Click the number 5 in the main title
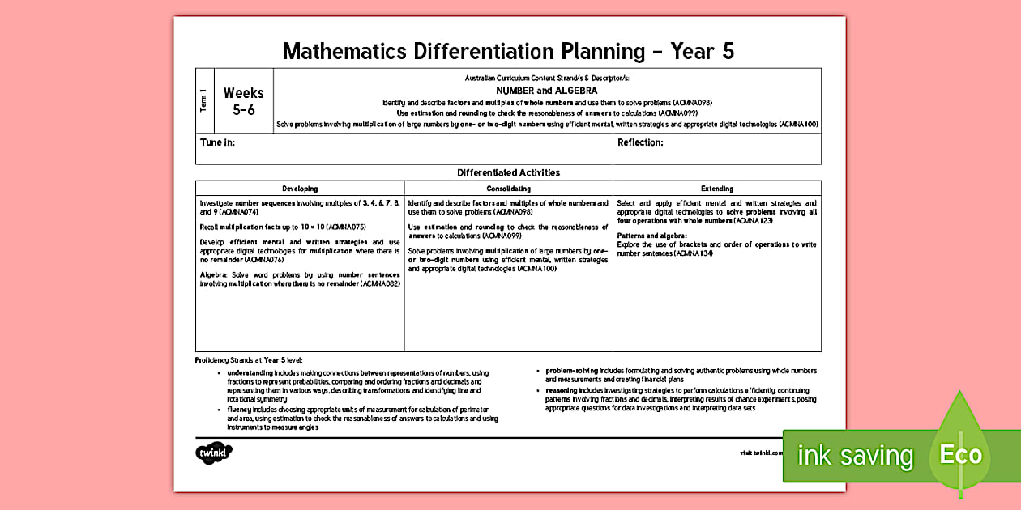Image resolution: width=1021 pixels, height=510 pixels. (x=727, y=52)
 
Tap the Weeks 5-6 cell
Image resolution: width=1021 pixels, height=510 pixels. (x=244, y=101)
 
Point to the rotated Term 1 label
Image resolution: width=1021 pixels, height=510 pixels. (x=204, y=101)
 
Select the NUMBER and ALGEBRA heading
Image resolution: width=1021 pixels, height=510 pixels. (x=546, y=91)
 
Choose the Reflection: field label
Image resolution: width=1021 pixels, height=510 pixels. (x=640, y=142)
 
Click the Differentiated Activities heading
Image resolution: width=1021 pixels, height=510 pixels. (x=508, y=172)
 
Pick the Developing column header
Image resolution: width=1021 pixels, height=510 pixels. (x=299, y=189)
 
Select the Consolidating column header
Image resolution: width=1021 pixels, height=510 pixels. (x=508, y=189)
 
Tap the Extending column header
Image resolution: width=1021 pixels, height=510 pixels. (x=716, y=189)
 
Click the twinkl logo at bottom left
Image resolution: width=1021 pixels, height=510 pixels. (x=214, y=453)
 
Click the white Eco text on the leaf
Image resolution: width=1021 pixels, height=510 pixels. (x=960, y=454)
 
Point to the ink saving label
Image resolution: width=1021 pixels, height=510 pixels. (x=855, y=456)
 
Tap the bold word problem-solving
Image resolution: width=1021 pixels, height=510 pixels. (x=570, y=371)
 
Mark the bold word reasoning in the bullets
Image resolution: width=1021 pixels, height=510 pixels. (x=562, y=390)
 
